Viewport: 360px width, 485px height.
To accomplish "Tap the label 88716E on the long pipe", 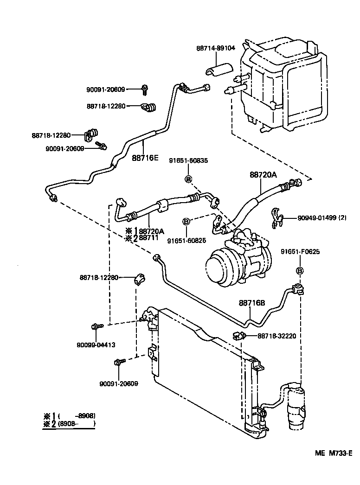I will click(x=145, y=158).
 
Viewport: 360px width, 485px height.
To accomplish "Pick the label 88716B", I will click(x=252, y=303).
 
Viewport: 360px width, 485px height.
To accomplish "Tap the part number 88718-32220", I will click(x=270, y=336).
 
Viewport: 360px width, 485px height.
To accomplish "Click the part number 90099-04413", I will click(x=96, y=345).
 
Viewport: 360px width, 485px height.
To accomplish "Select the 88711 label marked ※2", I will click(x=149, y=238).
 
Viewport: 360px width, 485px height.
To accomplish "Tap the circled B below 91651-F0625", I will click(x=300, y=271).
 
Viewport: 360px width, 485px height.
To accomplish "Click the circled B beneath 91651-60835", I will click(x=188, y=179).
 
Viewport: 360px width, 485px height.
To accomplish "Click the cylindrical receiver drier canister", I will click(x=295, y=403).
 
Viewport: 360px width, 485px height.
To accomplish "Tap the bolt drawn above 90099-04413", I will click(x=96, y=327).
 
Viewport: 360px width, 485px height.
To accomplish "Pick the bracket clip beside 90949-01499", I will click(x=276, y=217).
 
